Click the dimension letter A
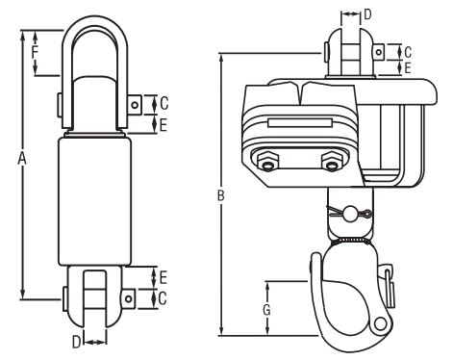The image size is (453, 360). pyautogui.click(x=21, y=159)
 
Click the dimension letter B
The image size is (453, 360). pyautogui.click(x=220, y=195)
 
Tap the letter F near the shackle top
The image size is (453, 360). pyautogui.click(x=36, y=52)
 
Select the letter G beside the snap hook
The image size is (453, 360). pyautogui.click(x=266, y=310)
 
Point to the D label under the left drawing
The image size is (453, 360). pyautogui.click(x=76, y=343)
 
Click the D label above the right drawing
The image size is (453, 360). pyautogui.click(x=367, y=14)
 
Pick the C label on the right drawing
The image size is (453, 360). pyautogui.click(x=408, y=52)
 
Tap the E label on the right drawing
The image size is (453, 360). pyautogui.click(x=408, y=68)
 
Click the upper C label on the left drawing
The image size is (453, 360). pyautogui.click(x=164, y=104)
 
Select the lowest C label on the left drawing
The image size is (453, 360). pyautogui.click(x=163, y=298)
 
